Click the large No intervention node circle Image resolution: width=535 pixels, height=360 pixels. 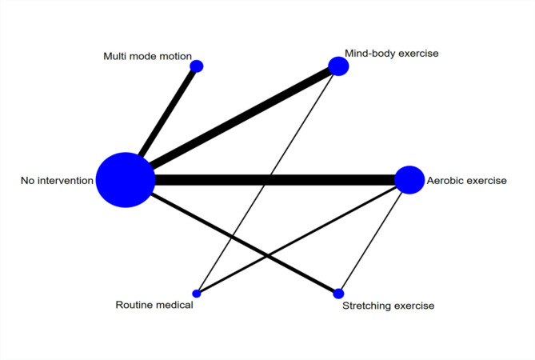pos(126,180)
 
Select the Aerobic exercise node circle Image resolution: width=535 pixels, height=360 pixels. pos(409,180)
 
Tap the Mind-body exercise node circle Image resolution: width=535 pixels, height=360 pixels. pos(338,66)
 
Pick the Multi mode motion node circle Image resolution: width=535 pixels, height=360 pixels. pos(197,66)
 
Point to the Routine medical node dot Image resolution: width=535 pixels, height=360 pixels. pos(197,294)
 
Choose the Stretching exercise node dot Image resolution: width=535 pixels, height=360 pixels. pos(338,294)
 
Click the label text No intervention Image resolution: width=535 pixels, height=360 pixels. pos(57,181)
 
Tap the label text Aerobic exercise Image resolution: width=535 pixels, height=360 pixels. pos(466,181)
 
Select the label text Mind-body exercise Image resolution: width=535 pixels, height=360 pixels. pos(392,54)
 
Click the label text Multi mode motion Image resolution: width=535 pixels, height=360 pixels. pos(147,56)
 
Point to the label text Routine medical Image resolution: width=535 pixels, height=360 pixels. pos(154,305)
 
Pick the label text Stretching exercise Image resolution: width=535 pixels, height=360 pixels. pos(388,306)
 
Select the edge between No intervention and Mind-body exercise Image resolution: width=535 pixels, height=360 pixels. pos(240,119)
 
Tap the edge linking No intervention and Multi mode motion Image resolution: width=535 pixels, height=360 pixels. pos(168,111)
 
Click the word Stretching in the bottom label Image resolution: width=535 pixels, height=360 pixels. pos(366,306)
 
